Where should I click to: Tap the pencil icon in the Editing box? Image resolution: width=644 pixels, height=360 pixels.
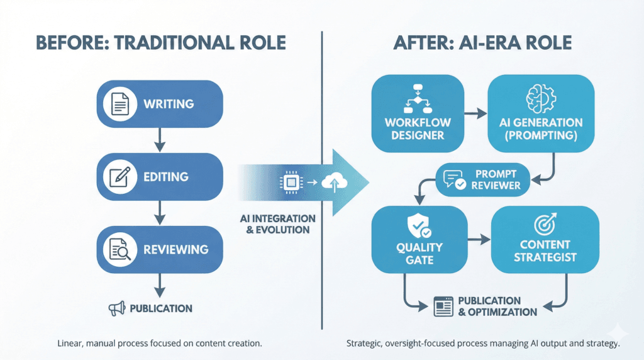point(119,177)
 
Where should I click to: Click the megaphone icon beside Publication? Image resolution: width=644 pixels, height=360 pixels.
point(116,308)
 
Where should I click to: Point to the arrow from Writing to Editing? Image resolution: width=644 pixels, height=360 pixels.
point(160,140)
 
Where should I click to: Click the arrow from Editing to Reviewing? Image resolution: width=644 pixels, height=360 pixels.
point(160,213)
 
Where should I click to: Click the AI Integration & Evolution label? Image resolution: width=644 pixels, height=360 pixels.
point(277,223)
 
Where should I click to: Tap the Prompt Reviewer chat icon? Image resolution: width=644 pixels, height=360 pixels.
point(453,180)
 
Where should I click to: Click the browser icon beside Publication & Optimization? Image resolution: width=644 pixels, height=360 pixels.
point(444,307)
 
